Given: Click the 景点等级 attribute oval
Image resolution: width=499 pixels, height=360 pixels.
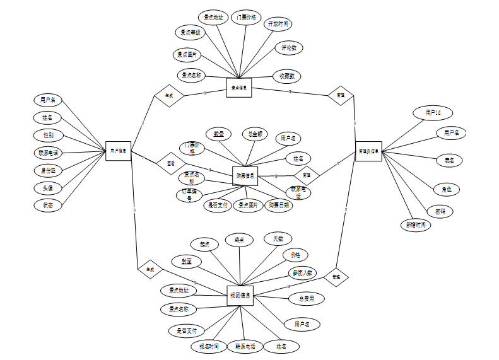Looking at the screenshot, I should pos(190,33).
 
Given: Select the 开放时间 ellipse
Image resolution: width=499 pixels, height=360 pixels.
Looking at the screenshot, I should pos(278,24).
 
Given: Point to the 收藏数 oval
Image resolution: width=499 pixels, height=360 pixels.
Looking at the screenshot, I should pos(287,76).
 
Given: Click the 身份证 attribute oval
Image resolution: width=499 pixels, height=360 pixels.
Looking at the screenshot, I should pos(48,170).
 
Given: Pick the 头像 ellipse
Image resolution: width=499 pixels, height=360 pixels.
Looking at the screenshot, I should pos(48,188).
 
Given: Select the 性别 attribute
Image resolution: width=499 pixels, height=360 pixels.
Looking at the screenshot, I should pos(48,135).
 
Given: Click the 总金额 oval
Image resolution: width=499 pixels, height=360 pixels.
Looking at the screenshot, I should pos(255,134).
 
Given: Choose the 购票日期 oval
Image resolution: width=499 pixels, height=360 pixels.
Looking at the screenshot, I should pos(278,205).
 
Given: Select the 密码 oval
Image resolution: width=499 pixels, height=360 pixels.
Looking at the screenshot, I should pos(440,211).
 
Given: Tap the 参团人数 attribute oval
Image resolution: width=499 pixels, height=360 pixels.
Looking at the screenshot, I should pos(303,273).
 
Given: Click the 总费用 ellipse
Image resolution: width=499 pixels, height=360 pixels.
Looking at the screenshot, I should pos(306,298).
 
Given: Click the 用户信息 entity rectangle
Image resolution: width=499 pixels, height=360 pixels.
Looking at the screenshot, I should pos(118,151).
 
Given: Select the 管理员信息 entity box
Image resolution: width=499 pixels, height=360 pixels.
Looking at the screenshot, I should pos(368,151).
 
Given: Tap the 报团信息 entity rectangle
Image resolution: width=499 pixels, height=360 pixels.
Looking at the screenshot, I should pos(240,295).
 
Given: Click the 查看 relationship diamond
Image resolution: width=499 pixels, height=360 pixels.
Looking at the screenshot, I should pos(170,163).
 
